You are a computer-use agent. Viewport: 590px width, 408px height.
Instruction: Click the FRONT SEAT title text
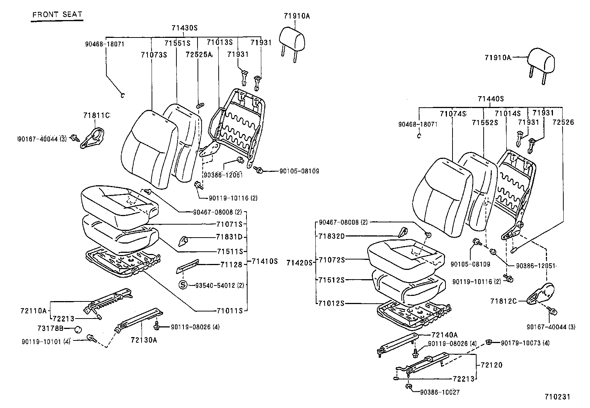[57, 15]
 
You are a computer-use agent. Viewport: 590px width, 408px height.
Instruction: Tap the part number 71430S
[184, 28]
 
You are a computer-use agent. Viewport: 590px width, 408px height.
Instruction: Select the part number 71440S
[491, 99]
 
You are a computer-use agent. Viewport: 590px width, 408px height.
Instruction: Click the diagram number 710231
[557, 397]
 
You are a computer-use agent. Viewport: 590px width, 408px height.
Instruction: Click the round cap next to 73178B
[78, 329]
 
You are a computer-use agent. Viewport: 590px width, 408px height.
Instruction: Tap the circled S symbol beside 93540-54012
[183, 285]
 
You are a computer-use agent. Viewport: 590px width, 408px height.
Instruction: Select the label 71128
[231, 264]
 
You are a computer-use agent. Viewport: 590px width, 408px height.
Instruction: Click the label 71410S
[264, 261]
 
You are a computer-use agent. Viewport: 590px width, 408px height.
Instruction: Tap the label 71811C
[96, 115]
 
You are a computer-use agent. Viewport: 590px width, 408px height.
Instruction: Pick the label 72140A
[445, 335]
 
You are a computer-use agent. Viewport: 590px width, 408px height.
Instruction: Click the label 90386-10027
[440, 392]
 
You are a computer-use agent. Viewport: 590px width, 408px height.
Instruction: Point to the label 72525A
[199, 55]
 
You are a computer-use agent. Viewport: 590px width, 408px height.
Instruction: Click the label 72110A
[33, 310]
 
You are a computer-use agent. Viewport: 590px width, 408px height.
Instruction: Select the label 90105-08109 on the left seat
[299, 171]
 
